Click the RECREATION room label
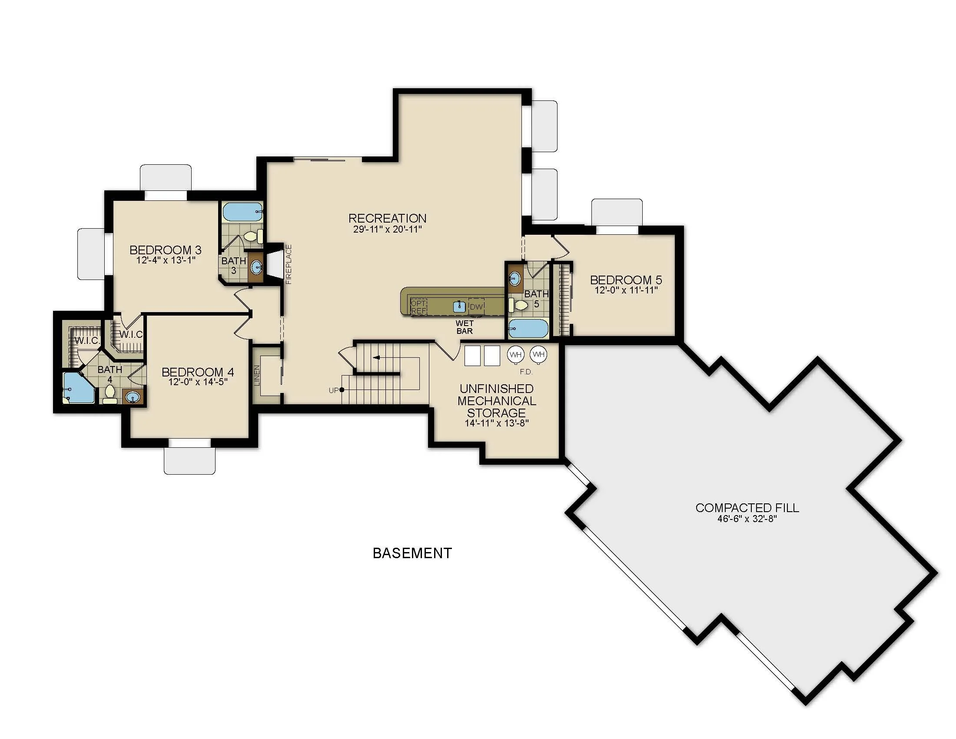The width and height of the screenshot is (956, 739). (387, 218)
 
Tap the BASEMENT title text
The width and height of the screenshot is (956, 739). (412, 553)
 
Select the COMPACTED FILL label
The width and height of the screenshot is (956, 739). (747, 508)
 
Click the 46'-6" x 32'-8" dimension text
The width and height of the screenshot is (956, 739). (747, 519)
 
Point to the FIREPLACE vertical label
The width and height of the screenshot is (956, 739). (289, 264)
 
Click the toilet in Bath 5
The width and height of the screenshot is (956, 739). (520, 305)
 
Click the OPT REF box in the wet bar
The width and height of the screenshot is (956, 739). (418, 307)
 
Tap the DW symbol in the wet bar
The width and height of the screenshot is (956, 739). (476, 307)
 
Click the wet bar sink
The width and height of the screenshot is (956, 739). (459, 306)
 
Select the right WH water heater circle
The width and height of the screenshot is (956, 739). (538, 354)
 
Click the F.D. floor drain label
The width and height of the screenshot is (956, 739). (526, 372)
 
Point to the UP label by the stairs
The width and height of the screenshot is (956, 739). (334, 390)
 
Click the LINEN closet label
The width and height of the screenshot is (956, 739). (257, 375)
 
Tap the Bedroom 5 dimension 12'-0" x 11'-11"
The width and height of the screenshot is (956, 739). (626, 290)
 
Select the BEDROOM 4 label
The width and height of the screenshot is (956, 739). (198, 372)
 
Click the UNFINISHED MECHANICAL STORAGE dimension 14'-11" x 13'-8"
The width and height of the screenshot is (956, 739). (496, 423)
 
